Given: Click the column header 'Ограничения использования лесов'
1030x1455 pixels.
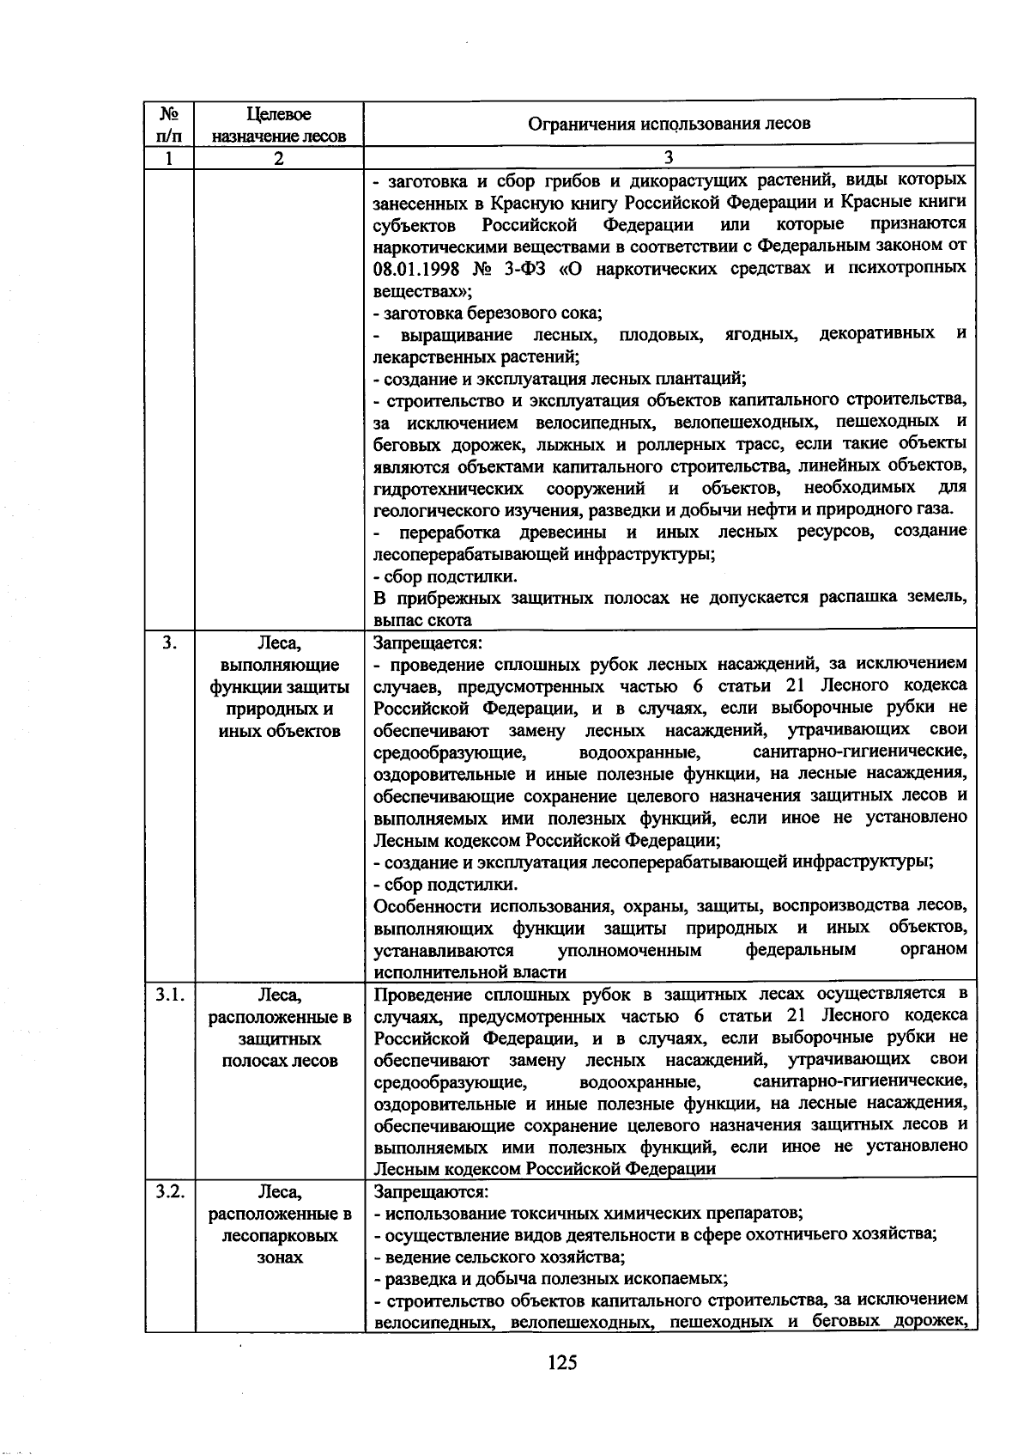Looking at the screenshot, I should pos(669,124).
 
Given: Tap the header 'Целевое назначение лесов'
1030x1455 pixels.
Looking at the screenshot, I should pos(279,125).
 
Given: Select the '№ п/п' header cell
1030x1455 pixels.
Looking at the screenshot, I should pos(170,125).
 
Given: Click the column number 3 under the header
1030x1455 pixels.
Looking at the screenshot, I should pos(669,158).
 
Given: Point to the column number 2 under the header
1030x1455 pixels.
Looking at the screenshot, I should pos(279,158).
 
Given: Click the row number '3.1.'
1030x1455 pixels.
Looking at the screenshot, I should pos(170,995).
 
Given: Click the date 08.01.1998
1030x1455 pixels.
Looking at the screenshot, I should pos(417,268).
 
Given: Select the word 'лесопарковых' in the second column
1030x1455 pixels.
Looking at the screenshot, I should pos(279,1236).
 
